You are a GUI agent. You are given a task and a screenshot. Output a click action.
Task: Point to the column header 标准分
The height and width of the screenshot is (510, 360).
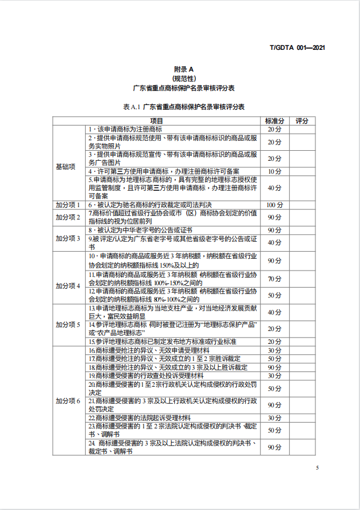(x=274, y=120)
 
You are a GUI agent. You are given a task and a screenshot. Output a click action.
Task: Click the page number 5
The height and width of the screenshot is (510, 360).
(x=317, y=468)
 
